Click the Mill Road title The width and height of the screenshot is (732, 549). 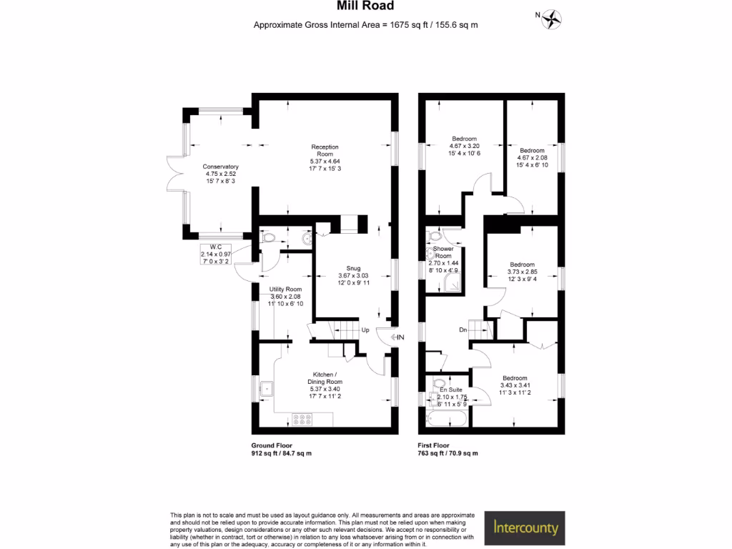(365, 6)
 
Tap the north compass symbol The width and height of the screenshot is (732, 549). (552, 19)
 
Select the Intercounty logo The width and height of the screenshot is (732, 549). (525, 528)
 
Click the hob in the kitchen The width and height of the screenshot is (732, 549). (302, 419)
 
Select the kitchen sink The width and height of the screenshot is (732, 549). (267, 389)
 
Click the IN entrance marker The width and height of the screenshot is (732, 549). (397, 337)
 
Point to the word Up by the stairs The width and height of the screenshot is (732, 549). (365, 330)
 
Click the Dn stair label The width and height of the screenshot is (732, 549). (463, 330)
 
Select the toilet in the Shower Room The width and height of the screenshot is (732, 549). (434, 235)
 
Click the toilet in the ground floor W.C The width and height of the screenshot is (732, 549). (267, 237)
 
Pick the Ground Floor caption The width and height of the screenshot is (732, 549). (272, 445)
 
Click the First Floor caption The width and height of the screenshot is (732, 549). (433, 445)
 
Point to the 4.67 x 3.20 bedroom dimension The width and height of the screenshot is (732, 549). (464, 146)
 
